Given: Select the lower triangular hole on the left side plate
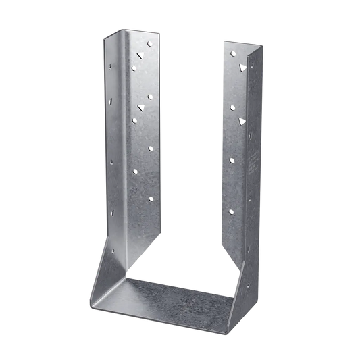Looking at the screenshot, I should click(140, 108).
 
